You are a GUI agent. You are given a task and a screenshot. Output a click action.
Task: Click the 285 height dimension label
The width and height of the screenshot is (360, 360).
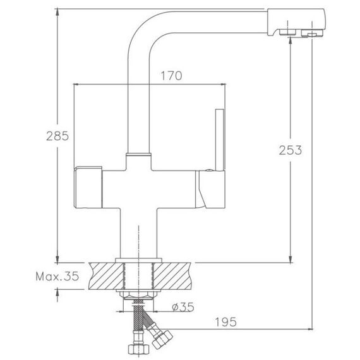pos(57,136)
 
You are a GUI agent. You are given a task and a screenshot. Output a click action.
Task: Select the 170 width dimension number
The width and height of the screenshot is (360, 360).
pos(171,76)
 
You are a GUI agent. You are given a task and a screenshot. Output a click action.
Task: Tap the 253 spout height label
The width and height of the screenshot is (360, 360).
pos(290,150)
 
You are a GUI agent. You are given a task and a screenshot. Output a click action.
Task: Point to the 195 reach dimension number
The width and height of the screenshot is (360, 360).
pos(225,322)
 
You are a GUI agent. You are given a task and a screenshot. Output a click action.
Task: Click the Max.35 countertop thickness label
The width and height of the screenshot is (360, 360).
pos(57,276)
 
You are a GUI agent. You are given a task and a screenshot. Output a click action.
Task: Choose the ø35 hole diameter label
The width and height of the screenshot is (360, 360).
pos(183,307)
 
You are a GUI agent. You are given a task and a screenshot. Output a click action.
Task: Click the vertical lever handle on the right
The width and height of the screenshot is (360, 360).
pos(220,140)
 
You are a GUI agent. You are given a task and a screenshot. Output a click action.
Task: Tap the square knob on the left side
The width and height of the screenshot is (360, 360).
pos(88,188)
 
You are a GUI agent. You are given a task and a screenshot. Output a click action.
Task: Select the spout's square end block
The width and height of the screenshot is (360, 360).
pos(296,22)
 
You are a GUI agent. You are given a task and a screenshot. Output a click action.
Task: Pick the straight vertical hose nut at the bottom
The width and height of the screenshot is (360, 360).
pos(138,349)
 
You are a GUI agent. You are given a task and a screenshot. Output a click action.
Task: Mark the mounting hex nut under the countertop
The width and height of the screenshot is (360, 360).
pos(138,295)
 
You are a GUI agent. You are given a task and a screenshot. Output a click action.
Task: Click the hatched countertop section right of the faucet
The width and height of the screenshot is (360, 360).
pos(172,276)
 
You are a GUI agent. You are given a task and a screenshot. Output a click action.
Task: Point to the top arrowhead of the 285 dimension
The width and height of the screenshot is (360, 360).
pos(57,12)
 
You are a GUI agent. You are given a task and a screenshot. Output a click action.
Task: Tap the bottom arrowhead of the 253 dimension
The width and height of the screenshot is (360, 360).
pos(291,259)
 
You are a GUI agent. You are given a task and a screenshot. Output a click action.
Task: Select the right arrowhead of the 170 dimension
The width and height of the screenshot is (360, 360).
pos(222,84)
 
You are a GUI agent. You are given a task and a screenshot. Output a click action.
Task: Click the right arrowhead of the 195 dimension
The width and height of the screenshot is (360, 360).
pos(309,329)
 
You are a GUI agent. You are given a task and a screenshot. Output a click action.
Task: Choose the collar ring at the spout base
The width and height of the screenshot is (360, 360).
pos(138,154)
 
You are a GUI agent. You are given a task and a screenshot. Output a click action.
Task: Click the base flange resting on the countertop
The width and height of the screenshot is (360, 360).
pos(138,260)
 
